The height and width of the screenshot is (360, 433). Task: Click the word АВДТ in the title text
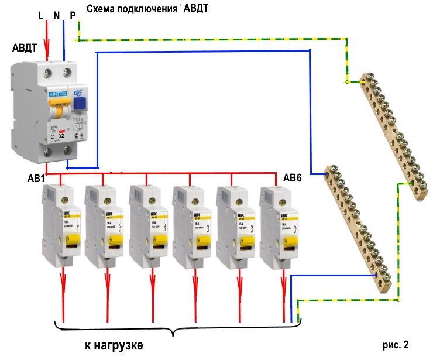(x=197, y=10)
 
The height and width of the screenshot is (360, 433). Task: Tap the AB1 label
(x=36, y=178)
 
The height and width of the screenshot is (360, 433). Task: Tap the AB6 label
(x=293, y=178)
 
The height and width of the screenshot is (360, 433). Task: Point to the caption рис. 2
(x=396, y=344)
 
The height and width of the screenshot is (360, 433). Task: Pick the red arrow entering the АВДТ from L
(x=47, y=50)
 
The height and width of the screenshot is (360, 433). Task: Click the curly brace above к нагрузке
(x=174, y=330)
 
